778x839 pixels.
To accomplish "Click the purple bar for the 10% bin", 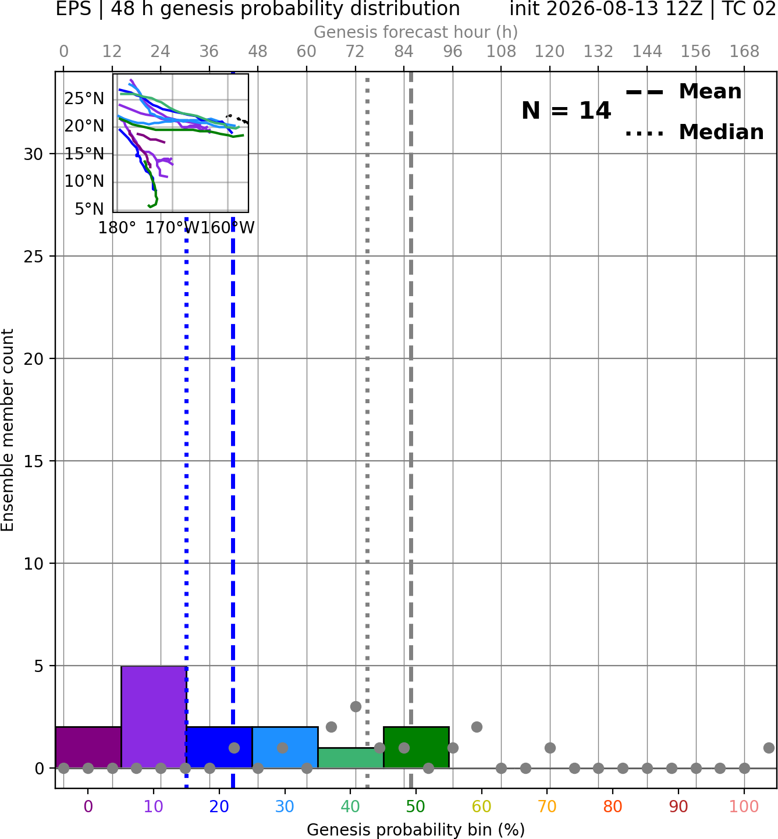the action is coord(154,717).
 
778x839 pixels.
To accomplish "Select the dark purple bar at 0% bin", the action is coord(88,747).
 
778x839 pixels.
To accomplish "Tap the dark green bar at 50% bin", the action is coord(416,747).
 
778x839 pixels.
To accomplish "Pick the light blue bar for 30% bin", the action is coord(285,747).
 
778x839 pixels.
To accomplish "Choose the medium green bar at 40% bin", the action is coord(351,758).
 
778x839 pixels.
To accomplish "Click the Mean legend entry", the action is coord(683,92).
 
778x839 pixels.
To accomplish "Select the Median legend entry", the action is coord(694,132).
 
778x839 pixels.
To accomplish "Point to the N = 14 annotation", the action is coord(566,111).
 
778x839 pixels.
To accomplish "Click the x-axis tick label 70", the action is coord(547,806).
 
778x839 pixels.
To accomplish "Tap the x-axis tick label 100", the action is coord(744,806).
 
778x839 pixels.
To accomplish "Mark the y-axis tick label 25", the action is coord(34,257).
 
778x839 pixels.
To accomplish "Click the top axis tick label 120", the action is coord(550,52).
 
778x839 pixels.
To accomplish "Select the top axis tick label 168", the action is coord(745,52).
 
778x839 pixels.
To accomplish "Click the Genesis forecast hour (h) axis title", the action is coord(416,32).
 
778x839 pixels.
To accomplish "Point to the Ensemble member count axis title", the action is coord(8,430).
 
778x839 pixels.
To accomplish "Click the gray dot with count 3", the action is coord(356,706).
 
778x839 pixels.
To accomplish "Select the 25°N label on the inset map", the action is coord(84,99).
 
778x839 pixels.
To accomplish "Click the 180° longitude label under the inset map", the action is coord(117,228).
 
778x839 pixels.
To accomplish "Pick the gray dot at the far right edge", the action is coord(769,748).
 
